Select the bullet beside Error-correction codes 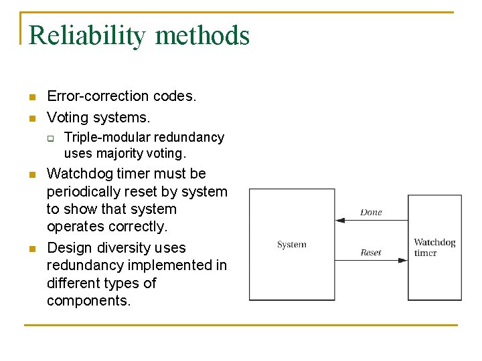click(31, 98)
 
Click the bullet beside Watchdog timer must click(31, 175)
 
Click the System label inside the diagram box click(292, 245)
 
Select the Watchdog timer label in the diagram click(434, 247)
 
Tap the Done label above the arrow click(371, 213)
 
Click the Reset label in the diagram click(371, 253)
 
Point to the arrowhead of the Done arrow click(339, 219)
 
